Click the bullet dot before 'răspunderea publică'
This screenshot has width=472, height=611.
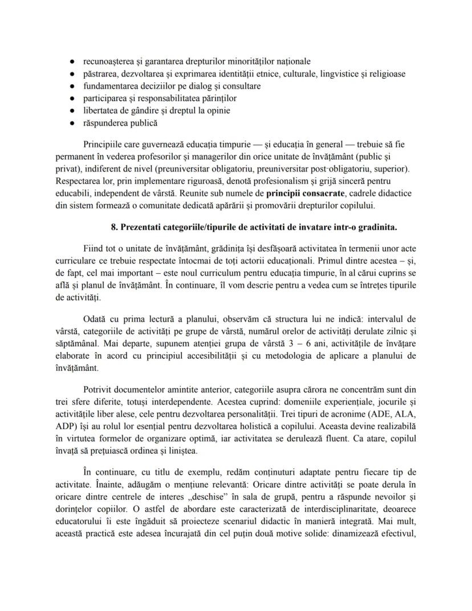coord(72,123)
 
